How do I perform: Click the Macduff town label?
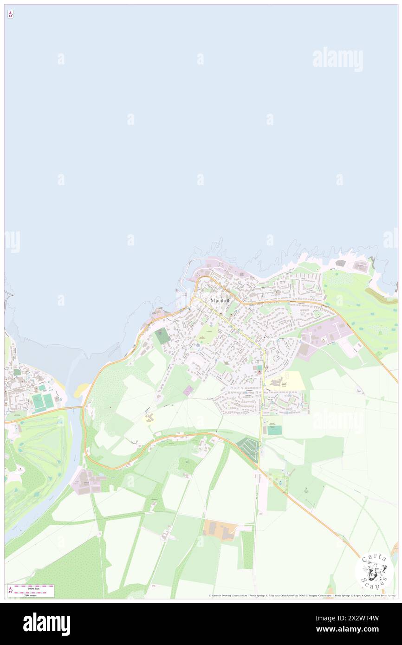tap(220, 301)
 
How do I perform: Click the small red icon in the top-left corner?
tap(10, 14)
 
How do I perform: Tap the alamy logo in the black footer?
tap(46, 624)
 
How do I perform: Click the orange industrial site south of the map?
tap(220, 529)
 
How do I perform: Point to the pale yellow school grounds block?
tap(285, 381)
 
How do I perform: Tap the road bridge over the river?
tap(74, 407)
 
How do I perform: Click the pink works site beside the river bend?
tap(84, 481)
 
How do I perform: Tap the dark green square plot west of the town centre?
tap(162, 335)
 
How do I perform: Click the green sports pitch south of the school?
tap(274, 430)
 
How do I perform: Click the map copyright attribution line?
tap(302, 595)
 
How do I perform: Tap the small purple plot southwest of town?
tap(188, 391)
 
